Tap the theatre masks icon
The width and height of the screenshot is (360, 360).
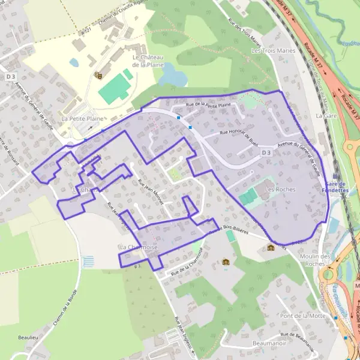click(x=98, y=75)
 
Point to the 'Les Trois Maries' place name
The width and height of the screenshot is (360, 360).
click(x=274, y=51)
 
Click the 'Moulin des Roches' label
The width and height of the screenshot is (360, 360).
click(x=314, y=260)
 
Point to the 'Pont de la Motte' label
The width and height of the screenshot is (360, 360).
click(x=302, y=316)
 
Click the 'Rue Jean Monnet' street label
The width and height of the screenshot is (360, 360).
click(x=151, y=192)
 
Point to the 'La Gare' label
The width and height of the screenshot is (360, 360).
click(x=327, y=115)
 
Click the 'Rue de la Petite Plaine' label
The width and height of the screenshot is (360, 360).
click(x=208, y=105)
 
